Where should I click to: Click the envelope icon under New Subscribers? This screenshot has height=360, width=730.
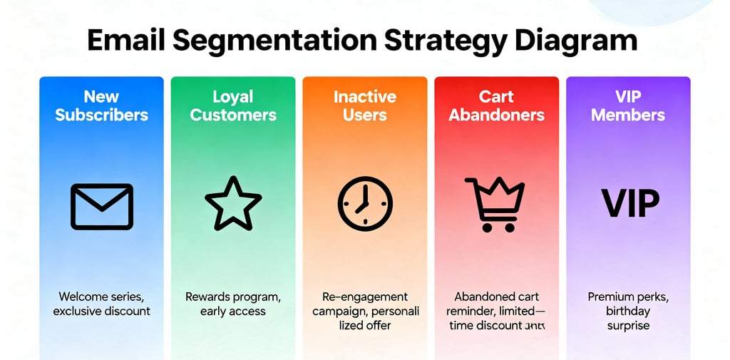tap(101, 206)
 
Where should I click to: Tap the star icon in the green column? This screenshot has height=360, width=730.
tap(233, 204)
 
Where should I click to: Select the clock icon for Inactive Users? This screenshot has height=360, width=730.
tap(364, 203)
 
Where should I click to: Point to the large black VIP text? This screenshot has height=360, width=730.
tap(630, 204)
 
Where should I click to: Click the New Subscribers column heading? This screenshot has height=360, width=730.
tap(101, 106)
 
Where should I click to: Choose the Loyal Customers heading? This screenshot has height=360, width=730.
tap(233, 106)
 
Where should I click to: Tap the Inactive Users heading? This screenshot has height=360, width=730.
tap(364, 106)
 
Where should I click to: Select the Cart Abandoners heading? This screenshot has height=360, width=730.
tap(496, 106)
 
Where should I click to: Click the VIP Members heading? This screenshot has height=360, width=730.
tap(628, 106)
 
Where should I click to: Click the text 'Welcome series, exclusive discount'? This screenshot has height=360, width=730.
tap(101, 304)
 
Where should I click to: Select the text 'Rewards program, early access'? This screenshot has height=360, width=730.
tap(233, 304)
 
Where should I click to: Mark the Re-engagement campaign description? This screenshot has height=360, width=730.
tap(364, 311)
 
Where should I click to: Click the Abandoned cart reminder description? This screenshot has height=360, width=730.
tap(496, 311)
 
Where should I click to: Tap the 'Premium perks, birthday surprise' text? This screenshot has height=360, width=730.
tap(628, 311)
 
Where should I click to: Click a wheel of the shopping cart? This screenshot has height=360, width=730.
tap(488, 227)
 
